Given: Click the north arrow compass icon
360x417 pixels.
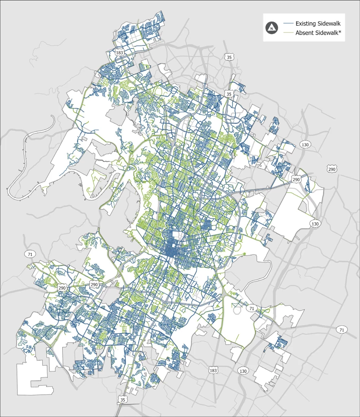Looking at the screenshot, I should point(272,28).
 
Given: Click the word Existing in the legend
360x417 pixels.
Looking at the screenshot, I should point(306,24).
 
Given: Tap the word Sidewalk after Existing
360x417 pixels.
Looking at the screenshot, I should point(329,24).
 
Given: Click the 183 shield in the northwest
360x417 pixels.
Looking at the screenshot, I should point(119,53).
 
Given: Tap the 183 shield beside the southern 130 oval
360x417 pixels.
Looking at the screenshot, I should point(213,370).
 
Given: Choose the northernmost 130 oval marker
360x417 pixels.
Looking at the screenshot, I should point(305,145).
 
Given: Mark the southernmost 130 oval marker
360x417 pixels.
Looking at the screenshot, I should point(243,371).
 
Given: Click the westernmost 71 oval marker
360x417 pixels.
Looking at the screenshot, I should point(29,254).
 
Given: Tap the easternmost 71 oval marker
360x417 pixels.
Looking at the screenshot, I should point(341,329).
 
